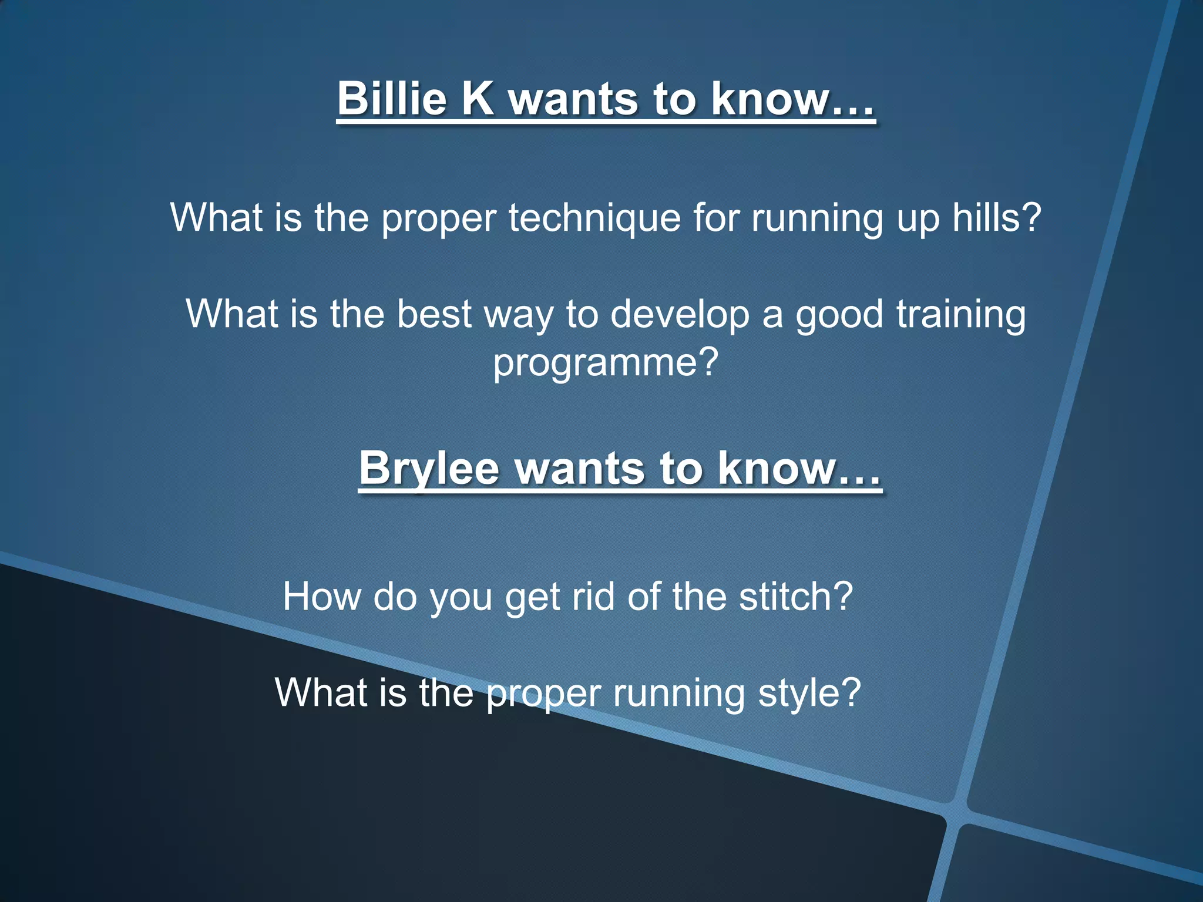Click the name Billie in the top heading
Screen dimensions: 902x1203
click(x=392, y=98)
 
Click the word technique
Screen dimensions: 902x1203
click(x=594, y=218)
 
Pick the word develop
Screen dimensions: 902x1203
click(x=680, y=315)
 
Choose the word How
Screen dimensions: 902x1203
click(x=322, y=597)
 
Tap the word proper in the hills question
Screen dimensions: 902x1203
click(x=439, y=218)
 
